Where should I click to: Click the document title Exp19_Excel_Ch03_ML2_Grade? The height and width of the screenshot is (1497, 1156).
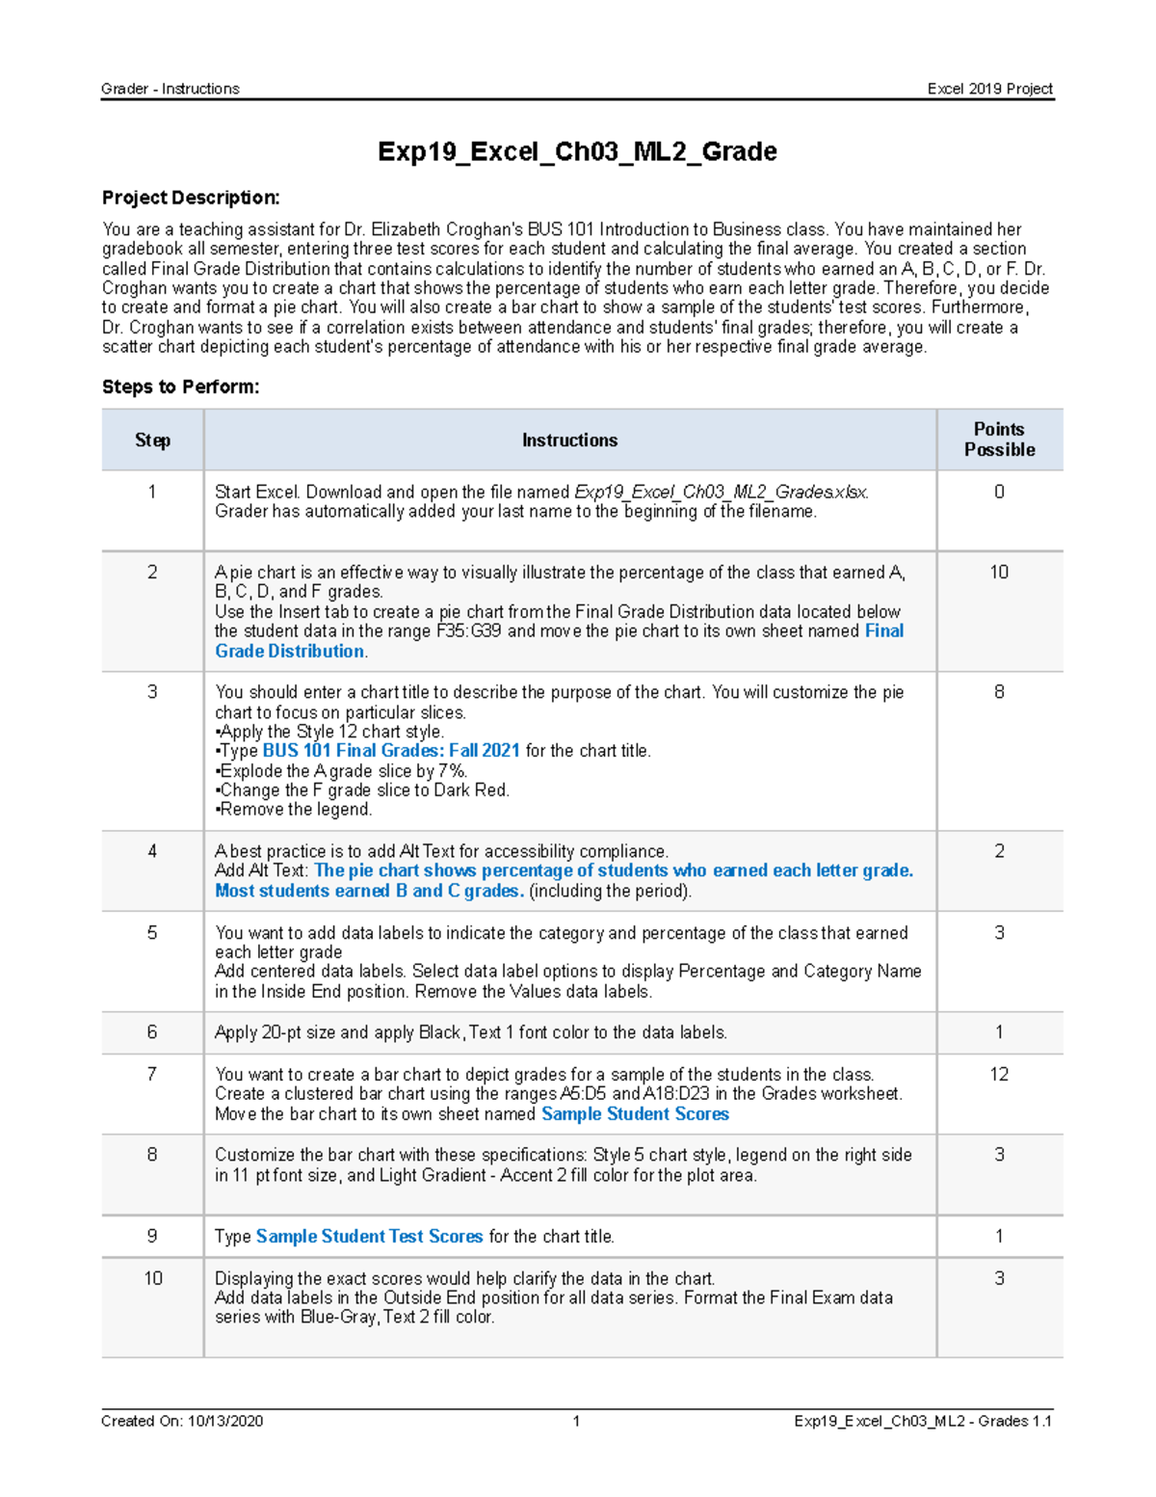pyautogui.click(x=577, y=151)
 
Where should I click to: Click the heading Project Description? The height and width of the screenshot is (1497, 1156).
pyautogui.click(x=191, y=198)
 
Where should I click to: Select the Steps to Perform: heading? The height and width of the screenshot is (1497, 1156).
pyautogui.click(x=180, y=387)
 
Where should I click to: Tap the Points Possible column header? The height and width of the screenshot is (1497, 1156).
pyautogui.click(x=999, y=440)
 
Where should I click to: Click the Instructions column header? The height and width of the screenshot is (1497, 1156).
pyautogui.click(x=569, y=440)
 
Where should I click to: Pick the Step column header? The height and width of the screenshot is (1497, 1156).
pyautogui.click(x=152, y=440)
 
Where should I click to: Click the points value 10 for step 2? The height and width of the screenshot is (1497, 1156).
pyautogui.click(x=999, y=572)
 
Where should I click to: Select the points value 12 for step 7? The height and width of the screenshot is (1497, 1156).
pyautogui.click(x=999, y=1074)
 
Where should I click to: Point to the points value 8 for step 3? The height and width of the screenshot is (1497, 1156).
pyautogui.click(x=999, y=691)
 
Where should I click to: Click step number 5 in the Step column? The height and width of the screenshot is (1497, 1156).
pyautogui.click(x=152, y=932)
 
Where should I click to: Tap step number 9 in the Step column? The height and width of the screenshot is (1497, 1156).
pyautogui.click(x=152, y=1236)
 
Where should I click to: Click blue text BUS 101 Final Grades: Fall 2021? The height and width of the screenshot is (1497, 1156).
pyautogui.click(x=391, y=750)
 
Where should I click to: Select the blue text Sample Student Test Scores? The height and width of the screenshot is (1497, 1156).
pyautogui.click(x=369, y=1236)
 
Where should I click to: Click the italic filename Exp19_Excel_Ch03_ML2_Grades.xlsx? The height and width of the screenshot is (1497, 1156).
pyautogui.click(x=721, y=492)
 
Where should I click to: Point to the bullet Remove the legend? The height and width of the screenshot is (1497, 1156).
pyautogui.click(x=295, y=809)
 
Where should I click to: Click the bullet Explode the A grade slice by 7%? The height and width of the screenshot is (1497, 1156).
pyautogui.click(x=343, y=770)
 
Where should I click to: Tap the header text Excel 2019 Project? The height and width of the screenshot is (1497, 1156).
pyautogui.click(x=989, y=89)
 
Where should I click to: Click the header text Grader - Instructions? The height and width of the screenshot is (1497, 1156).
pyautogui.click(x=170, y=89)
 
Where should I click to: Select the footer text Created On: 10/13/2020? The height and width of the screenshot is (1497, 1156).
pyautogui.click(x=181, y=1421)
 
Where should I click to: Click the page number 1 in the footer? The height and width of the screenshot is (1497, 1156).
pyautogui.click(x=576, y=1421)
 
